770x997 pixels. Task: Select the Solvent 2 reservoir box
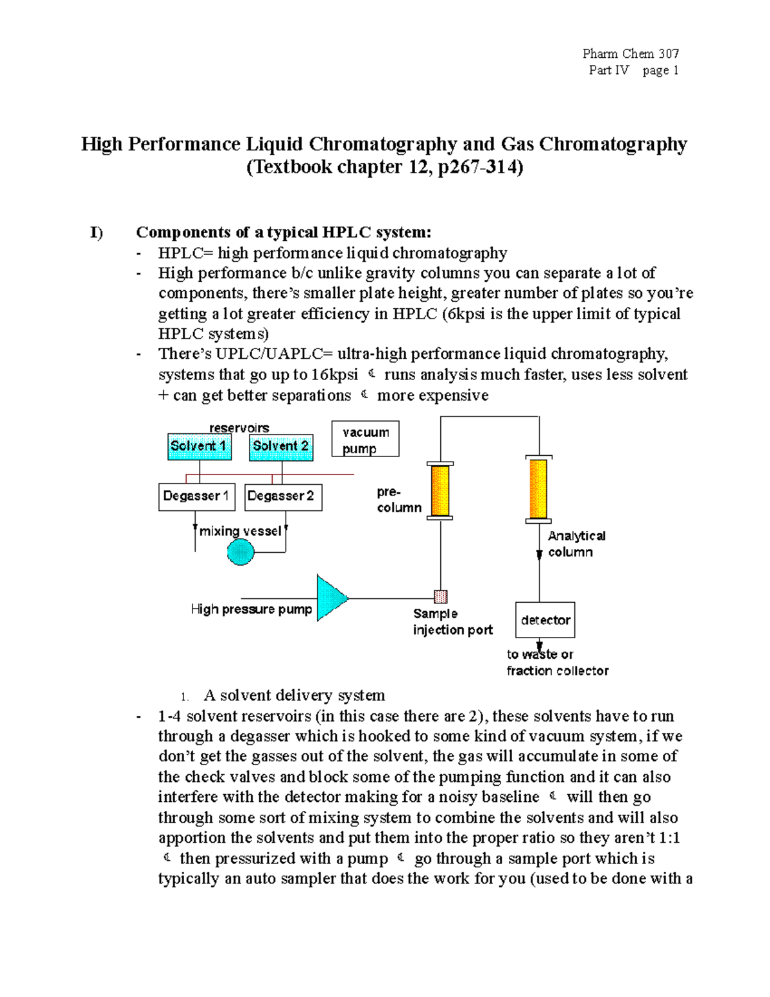pyautogui.click(x=281, y=447)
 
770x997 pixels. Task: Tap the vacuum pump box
pyautogui.click(x=365, y=439)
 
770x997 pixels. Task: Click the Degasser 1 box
pyautogui.click(x=196, y=496)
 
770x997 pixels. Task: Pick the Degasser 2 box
pyautogui.click(x=283, y=497)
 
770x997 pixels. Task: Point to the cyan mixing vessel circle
pyautogui.click(x=241, y=552)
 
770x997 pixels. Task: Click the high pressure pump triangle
pyautogui.click(x=331, y=598)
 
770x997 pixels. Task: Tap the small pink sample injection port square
pyautogui.click(x=441, y=597)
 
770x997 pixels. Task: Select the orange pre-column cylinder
pyautogui.click(x=440, y=490)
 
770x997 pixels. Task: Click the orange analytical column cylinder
pyautogui.click(x=538, y=489)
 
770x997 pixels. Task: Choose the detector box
pyautogui.click(x=545, y=620)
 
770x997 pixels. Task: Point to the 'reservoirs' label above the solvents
pyautogui.click(x=239, y=428)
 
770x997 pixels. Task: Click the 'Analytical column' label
pyautogui.click(x=576, y=544)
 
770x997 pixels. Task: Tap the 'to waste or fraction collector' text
pyautogui.click(x=556, y=663)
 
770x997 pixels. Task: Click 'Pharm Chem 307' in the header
pyautogui.click(x=630, y=54)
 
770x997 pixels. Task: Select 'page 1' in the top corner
pyautogui.click(x=660, y=71)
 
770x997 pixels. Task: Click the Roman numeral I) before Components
pyautogui.click(x=96, y=232)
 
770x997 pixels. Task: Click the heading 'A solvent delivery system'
pyautogui.click(x=294, y=695)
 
